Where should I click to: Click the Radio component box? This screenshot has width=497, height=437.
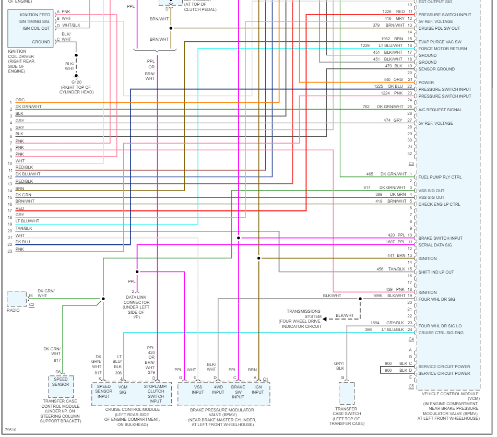pos(16,299)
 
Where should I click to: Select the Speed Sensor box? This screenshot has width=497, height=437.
pos(61,382)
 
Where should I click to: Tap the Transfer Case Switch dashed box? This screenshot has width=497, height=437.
pos(347,393)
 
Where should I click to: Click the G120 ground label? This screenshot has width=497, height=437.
pos(76,82)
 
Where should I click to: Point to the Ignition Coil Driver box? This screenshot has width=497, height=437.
pos(30,28)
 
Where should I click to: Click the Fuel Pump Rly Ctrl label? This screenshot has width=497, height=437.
pos(440,178)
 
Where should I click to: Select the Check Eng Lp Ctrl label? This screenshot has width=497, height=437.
pos(439,204)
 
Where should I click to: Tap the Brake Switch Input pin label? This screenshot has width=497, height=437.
pos(440,238)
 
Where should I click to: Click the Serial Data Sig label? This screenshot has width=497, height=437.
pos(435,245)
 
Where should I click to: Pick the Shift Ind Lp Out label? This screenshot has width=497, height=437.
pos(436,272)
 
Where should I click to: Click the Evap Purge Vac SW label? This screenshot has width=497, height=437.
pos(440,42)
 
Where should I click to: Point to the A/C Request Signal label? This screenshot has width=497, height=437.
pos(440,110)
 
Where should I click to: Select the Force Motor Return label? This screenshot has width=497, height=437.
pos(442,49)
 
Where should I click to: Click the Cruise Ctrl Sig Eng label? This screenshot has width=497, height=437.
pos(441,333)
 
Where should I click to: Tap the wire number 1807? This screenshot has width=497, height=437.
pos(376,242)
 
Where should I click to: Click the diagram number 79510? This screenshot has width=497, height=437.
pos(10,431)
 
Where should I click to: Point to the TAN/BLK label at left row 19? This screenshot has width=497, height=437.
pos(23,228)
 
